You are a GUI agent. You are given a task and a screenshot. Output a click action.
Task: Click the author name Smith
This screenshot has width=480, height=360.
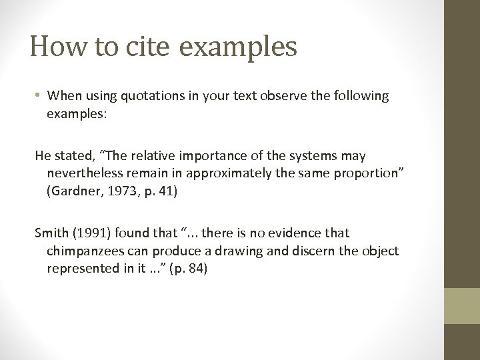point(51,233)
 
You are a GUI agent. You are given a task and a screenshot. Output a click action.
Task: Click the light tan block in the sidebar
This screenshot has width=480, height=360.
point(461,306)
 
